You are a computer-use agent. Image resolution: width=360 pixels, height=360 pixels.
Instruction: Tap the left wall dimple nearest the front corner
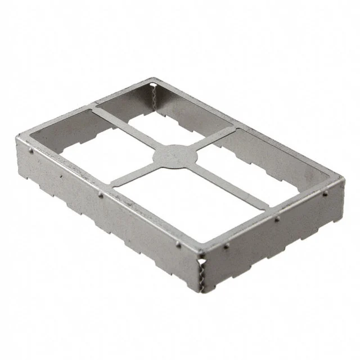pyautogui.click(x=178, y=244)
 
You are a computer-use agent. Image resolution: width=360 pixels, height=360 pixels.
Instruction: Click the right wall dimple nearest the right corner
pyautogui.click(x=325, y=195)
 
